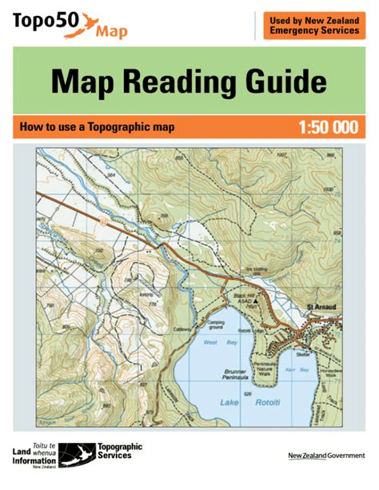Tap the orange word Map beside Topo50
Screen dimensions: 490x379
pyautogui.click(x=110, y=33)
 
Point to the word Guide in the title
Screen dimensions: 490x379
pyautogui.click(x=281, y=83)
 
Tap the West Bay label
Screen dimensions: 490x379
pyautogui.click(x=210, y=342)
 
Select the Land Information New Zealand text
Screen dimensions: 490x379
pyautogui.click(x=34, y=454)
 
